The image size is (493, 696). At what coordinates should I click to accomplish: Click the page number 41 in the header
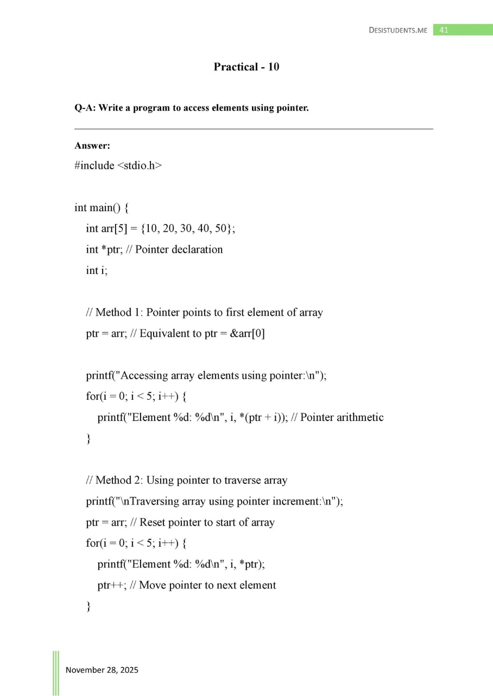click(x=444, y=30)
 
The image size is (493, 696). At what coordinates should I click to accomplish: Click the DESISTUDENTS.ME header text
click(x=398, y=30)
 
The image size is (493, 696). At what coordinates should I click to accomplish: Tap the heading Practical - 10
click(x=246, y=67)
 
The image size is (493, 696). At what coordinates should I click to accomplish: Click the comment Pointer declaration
click(x=179, y=250)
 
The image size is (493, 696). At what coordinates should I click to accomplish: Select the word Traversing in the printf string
click(x=144, y=501)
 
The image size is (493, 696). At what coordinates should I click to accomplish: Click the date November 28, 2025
click(x=102, y=670)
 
